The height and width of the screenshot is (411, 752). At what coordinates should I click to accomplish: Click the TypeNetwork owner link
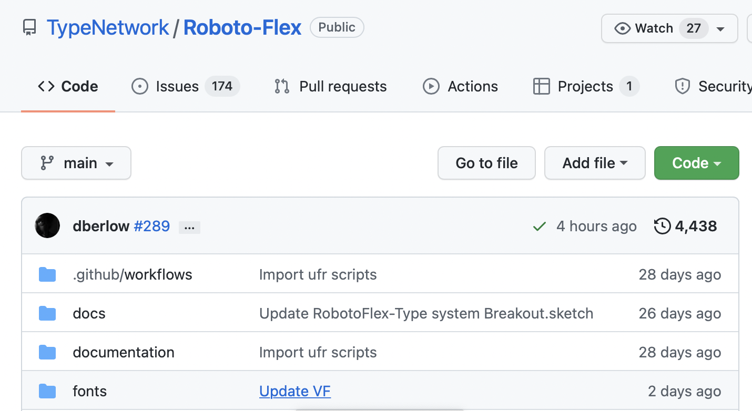pyautogui.click(x=108, y=28)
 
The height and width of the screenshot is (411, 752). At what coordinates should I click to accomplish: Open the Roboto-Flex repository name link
pyautogui.click(x=242, y=28)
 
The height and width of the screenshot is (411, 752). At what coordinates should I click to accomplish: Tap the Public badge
pyautogui.click(x=337, y=27)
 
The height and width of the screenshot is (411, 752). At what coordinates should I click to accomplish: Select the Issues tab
pyautogui.click(x=177, y=86)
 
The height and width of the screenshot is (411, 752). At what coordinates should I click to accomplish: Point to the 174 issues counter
pyautogui.click(x=222, y=86)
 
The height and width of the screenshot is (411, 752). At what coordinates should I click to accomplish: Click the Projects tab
pyautogui.click(x=585, y=86)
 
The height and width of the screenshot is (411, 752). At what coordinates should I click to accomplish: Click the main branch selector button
pyautogui.click(x=76, y=163)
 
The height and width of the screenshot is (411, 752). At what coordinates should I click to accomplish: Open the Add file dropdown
pyautogui.click(x=594, y=163)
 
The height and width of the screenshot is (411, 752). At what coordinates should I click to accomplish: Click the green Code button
pyautogui.click(x=696, y=163)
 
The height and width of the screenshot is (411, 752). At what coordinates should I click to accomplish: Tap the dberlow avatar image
pyautogui.click(x=47, y=226)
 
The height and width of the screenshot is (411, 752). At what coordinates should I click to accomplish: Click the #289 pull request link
pyautogui.click(x=151, y=227)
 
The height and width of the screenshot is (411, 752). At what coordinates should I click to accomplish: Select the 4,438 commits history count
pyautogui.click(x=685, y=227)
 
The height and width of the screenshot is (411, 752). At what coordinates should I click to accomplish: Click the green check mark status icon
pyautogui.click(x=539, y=227)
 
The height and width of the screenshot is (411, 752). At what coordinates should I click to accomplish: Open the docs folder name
pyautogui.click(x=89, y=314)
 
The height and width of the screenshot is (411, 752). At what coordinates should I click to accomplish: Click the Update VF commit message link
pyautogui.click(x=294, y=392)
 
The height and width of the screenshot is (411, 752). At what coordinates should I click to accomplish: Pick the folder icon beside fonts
pyautogui.click(x=47, y=391)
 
